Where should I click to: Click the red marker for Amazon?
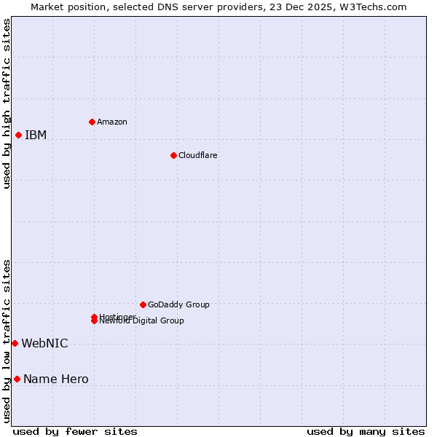click(92, 122)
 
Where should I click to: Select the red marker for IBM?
click(18, 135)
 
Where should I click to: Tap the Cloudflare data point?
click(173, 155)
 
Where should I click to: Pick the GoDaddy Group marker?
click(143, 304)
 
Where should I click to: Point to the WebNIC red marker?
click(15, 343)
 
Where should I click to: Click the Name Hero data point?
click(17, 379)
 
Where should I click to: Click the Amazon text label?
click(111, 122)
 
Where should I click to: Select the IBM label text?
click(36, 135)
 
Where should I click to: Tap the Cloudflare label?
click(197, 155)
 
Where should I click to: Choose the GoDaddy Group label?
click(178, 304)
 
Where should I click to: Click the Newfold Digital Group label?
click(141, 321)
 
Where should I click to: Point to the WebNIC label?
click(44, 343)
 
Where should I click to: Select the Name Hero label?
click(55, 379)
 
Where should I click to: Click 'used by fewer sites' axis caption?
click(75, 431)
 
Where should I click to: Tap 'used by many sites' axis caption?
click(366, 431)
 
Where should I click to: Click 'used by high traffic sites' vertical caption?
click(7, 103)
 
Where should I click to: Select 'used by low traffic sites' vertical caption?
click(7, 340)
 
